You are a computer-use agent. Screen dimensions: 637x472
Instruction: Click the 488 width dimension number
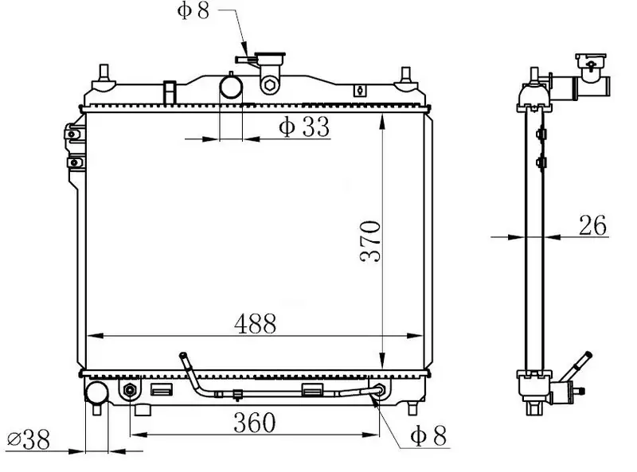255,323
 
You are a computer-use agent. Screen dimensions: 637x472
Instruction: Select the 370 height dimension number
370,241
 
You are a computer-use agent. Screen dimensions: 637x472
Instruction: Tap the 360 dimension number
254,423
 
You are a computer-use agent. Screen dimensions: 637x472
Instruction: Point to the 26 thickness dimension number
592,225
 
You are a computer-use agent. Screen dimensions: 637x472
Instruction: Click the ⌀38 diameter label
29,439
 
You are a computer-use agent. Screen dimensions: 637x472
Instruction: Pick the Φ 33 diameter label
304,127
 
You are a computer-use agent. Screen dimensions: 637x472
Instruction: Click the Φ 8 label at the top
193,10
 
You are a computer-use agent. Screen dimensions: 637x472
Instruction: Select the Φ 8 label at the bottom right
428,435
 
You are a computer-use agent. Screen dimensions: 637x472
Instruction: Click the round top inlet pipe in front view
231,88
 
